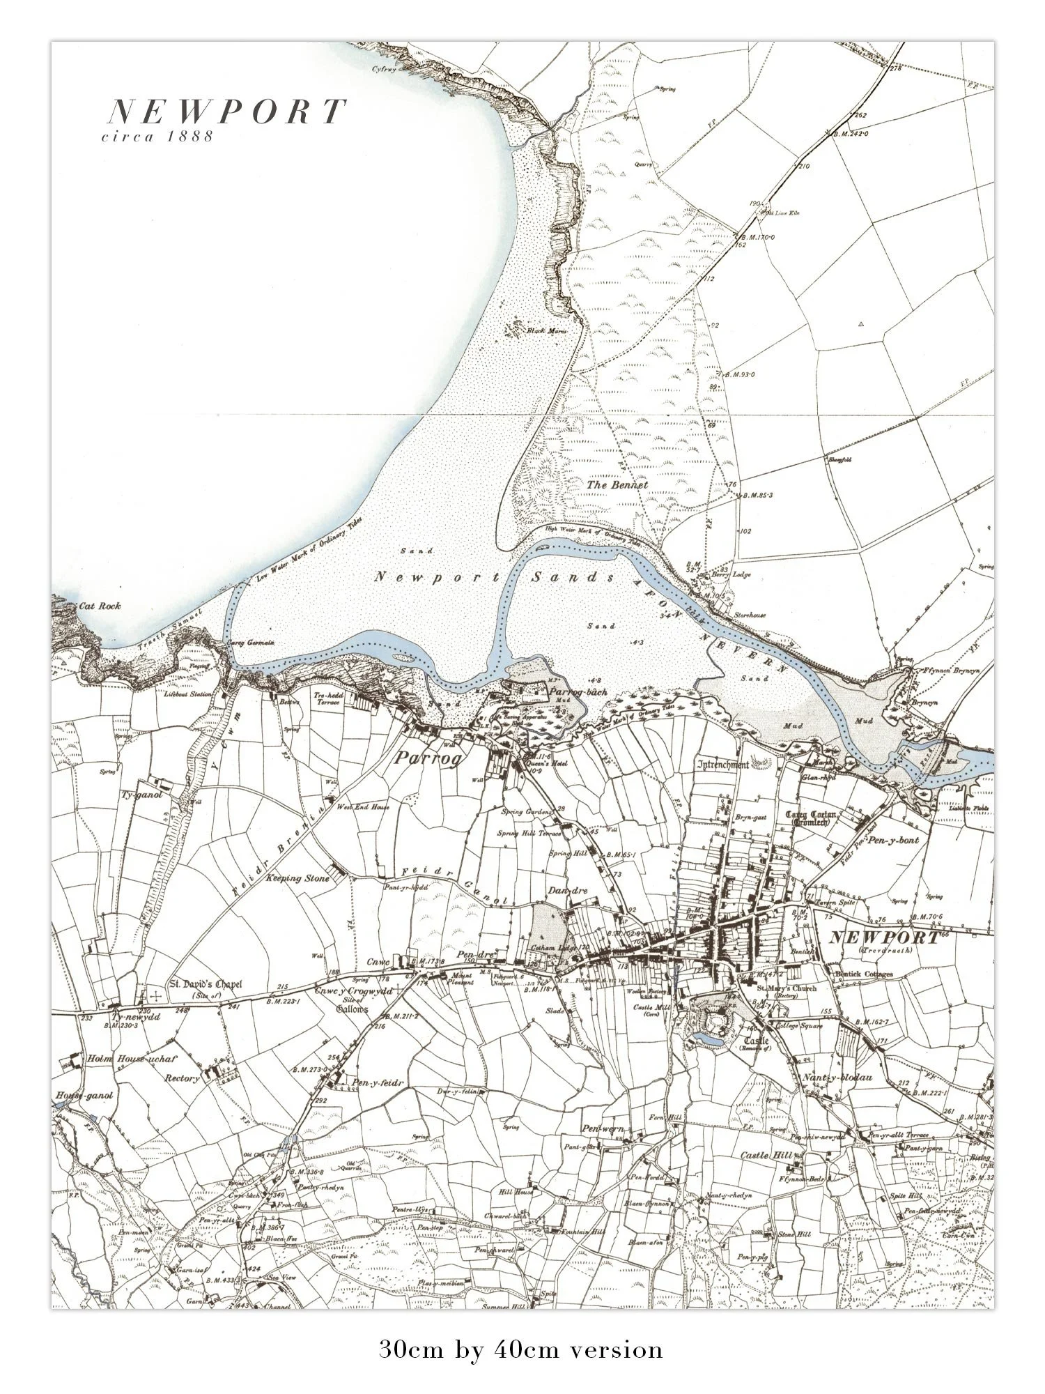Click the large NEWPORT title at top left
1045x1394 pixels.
pos(226,112)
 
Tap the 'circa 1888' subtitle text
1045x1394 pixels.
pos(157,137)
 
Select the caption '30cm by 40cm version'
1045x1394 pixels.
pos(521,1349)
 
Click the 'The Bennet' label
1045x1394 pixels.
pos(617,484)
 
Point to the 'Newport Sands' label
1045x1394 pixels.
pos(495,578)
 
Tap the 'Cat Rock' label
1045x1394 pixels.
pos(100,606)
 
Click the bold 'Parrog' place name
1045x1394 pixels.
pos(428,758)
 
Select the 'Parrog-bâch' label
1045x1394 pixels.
pos(578,693)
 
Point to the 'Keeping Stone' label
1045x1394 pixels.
pos(297,878)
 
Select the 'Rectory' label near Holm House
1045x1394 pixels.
pos(182,1078)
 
